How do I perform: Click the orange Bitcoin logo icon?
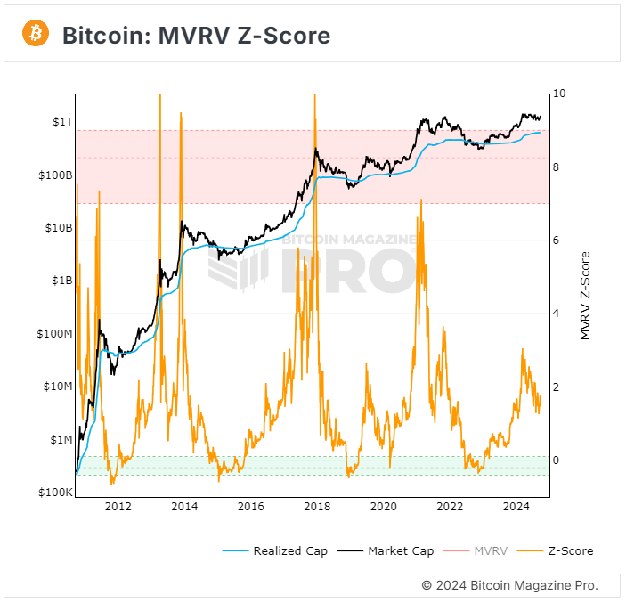point(36,34)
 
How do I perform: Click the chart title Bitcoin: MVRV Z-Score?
point(196,36)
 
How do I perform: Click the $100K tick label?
point(53,493)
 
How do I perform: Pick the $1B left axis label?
point(59,281)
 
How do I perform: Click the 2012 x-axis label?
point(118,507)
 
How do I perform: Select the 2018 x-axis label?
point(317,507)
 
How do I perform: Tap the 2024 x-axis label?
point(516,507)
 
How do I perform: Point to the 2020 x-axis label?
point(384,507)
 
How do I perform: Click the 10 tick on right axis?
point(559,94)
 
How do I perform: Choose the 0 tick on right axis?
point(557,460)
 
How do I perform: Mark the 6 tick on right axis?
point(557,240)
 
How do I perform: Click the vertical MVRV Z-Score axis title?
point(585,295)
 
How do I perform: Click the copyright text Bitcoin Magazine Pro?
point(509,585)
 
